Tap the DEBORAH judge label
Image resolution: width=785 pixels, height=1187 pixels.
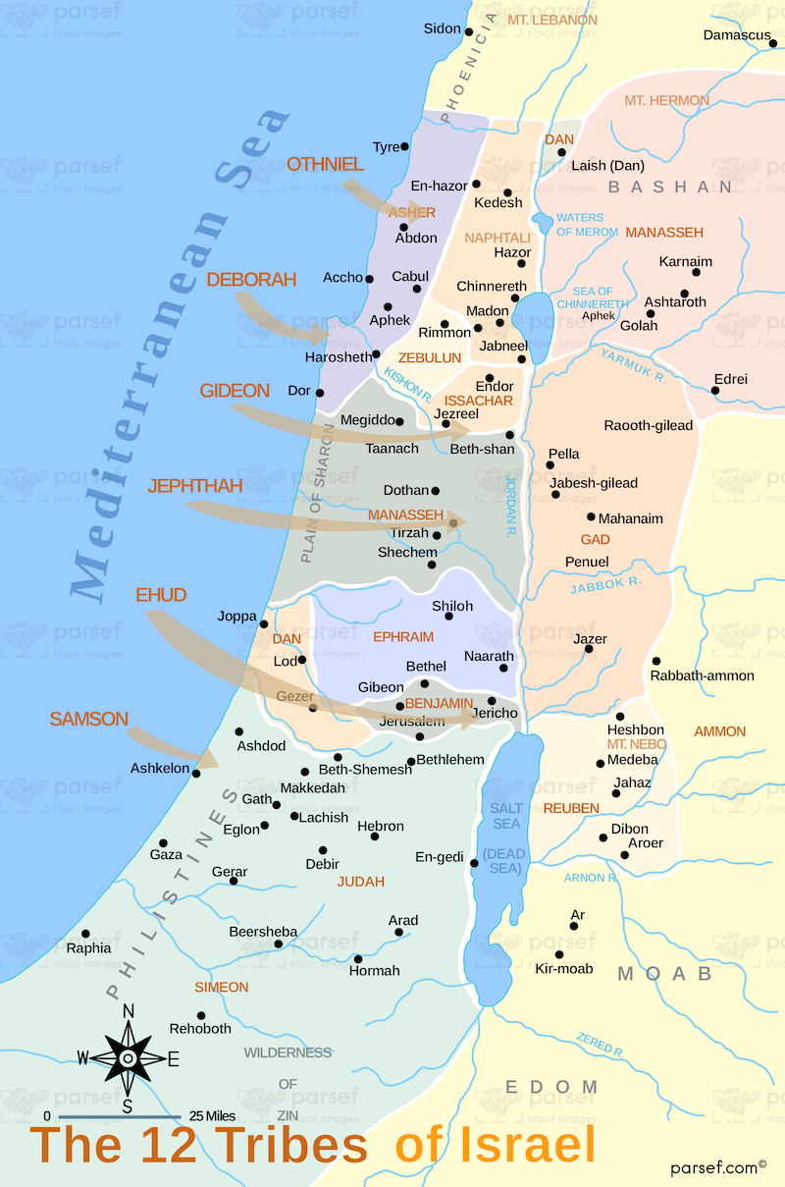tap(251, 280)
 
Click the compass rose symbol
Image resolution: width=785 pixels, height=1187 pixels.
tap(128, 1058)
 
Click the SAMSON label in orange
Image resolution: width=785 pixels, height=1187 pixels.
tap(88, 720)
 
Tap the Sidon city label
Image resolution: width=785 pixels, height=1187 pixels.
tap(442, 28)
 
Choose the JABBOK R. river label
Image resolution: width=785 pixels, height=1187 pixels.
tap(605, 585)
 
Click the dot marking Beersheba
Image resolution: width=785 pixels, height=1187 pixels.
tap(279, 944)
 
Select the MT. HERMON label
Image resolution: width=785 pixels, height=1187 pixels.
tap(667, 100)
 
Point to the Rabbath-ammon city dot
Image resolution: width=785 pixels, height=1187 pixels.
tap(655, 661)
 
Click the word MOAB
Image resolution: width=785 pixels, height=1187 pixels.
tap(663, 974)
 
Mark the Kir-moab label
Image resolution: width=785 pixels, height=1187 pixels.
tap(563, 969)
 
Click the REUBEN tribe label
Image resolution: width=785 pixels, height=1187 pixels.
tap(571, 807)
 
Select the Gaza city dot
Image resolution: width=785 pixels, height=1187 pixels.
tap(164, 842)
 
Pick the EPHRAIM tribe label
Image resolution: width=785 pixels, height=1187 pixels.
tap(403, 637)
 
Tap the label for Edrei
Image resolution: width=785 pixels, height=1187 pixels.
tap(730, 379)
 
